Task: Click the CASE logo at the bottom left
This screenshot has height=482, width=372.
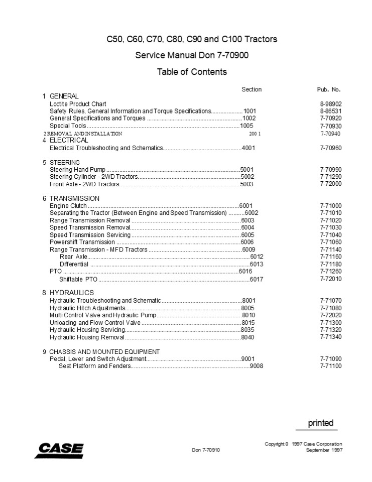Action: tap(59, 450)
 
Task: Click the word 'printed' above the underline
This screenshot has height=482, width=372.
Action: tap(320, 423)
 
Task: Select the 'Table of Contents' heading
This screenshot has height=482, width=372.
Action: tap(192, 72)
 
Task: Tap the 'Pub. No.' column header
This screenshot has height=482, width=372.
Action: tap(329, 89)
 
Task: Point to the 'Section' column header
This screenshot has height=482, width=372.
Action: tap(252, 89)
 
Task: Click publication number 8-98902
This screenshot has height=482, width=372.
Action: tap(330, 104)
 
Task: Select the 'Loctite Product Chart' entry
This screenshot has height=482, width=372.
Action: tap(78, 104)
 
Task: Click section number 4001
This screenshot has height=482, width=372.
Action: tap(249, 149)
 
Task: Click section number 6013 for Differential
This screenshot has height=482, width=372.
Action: tap(257, 264)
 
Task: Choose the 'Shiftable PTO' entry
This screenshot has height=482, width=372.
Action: tap(78, 279)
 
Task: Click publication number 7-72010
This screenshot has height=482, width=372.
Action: tap(330, 279)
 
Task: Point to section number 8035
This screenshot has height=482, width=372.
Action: tap(248, 329)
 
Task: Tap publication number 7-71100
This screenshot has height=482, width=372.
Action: tap(330, 366)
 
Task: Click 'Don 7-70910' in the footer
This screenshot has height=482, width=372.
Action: tap(206, 450)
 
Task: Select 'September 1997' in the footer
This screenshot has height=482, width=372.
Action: tap(324, 450)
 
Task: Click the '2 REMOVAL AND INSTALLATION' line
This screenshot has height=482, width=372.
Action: tap(83, 134)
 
